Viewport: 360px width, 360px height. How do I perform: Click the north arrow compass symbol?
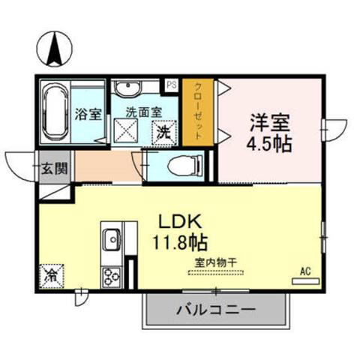pyautogui.click(x=55, y=49)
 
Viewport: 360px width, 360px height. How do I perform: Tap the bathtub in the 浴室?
pyautogui.click(x=56, y=112)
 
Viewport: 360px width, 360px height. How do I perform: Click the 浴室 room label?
pyautogui.click(x=88, y=114)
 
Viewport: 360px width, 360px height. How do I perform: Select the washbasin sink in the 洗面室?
pyautogui.click(x=127, y=88)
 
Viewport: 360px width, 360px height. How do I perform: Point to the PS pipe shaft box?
pyautogui.click(x=172, y=85)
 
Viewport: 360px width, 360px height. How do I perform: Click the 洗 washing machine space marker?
pyautogui.click(x=164, y=133)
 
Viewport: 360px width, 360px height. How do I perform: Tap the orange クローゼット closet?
pyautogui.click(x=198, y=112)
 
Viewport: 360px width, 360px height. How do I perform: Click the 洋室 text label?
pyautogui.click(x=270, y=123)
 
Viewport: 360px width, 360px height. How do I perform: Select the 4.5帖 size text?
pyautogui.click(x=269, y=144)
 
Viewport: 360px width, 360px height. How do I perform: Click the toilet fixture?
pyautogui.click(x=185, y=165)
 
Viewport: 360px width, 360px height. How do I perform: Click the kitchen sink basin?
pyautogui.click(x=112, y=239)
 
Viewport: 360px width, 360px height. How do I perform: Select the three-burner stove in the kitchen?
pyautogui.click(x=112, y=277)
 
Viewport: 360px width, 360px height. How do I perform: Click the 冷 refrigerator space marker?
pyautogui.click(x=52, y=276)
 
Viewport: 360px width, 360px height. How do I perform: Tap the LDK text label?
pyautogui.click(x=180, y=221)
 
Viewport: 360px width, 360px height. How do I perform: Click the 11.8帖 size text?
pyautogui.click(x=180, y=242)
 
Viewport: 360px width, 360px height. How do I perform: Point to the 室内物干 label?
pyautogui.click(x=215, y=262)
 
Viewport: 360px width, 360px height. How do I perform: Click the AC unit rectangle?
pyautogui.click(x=306, y=281)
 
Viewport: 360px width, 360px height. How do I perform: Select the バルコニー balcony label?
pyautogui.click(x=217, y=310)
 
